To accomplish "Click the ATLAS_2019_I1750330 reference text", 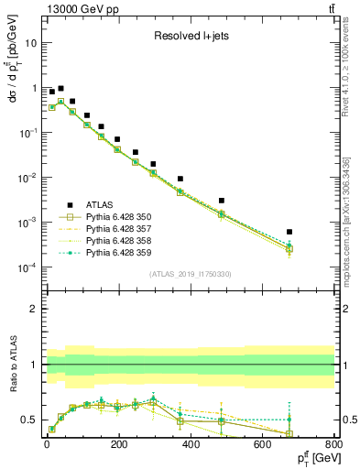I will click(x=190, y=274).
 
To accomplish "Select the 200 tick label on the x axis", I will click(x=189, y=444).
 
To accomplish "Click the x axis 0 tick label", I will click(x=46, y=444).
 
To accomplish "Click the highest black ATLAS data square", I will click(x=60, y=89).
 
